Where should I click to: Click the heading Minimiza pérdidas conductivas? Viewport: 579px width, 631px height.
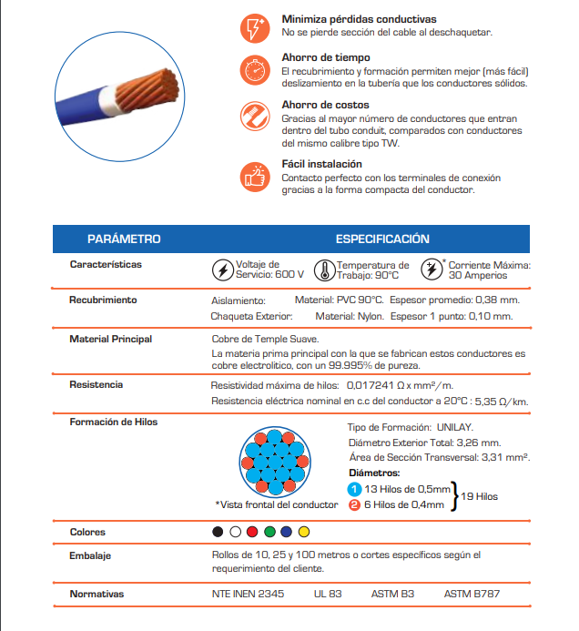click(x=359, y=19)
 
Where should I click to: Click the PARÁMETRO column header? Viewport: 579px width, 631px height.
click(x=124, y=239)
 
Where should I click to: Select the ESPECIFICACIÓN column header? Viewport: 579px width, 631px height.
click(x=382, y=239)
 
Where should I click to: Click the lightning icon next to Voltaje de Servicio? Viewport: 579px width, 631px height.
click(x=221, y=270)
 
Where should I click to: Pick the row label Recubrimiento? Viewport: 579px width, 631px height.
click(x=103, y=300)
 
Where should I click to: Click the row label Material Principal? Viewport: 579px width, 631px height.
click(x=111, y=339)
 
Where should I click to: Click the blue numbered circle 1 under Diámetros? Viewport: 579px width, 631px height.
click(x=355, y=489)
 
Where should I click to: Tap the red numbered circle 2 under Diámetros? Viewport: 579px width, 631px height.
click(x=355, y=504)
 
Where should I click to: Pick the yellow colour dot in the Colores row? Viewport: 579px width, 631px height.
click(x=304, y=532)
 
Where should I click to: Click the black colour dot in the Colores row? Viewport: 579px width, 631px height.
click(x=216, y=532)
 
